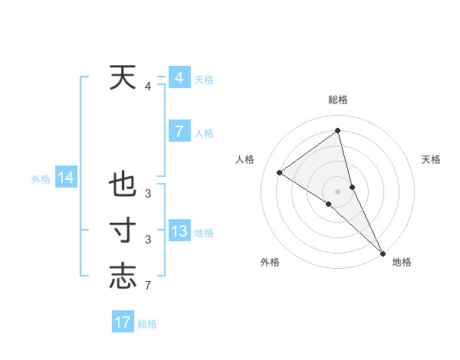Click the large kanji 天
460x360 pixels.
[x=123, y=77]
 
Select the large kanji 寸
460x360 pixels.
[x=123, y=231]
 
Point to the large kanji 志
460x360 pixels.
[x=123, y=277]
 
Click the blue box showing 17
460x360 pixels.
[x=123, y=322]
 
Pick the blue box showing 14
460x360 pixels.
[x=66, y=178]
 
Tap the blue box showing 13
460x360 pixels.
[x=179, y=231]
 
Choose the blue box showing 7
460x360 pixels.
[x=179, y=132]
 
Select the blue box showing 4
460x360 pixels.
[x=179, y=78]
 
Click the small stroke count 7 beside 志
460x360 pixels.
[x=148, y=286]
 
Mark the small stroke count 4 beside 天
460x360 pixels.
[x=148, y=87]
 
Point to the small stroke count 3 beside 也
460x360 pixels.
[x=148, y=194]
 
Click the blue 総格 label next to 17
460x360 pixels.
[x=147, y=324]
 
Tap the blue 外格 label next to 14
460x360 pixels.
[x=41, y=179]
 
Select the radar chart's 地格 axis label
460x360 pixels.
[x=402, y=262]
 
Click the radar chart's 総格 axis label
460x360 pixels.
[x=337, y=100]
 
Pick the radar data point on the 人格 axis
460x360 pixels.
[x=280, y=172]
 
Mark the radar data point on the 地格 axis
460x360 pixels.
[x=383, y=253]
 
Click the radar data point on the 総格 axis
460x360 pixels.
[x=337, y=131]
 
